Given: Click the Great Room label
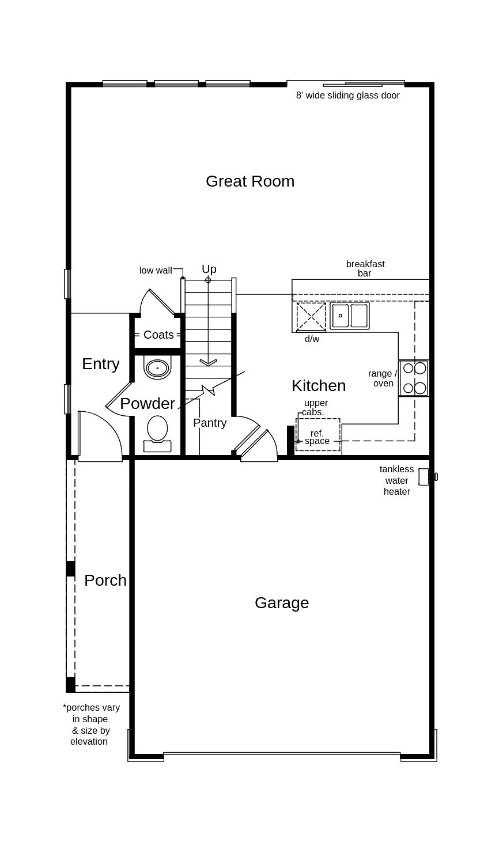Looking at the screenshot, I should tap(250, 181).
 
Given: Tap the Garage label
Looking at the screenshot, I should tap(282, 602).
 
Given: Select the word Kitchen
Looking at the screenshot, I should tap(319, 385).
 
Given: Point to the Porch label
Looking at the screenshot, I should tap(105, 580).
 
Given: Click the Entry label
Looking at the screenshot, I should tap(101, 363).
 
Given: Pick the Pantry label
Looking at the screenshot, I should tap(210, 423).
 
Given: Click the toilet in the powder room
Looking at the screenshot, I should tap(157, 433).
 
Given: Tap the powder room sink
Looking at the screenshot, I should tap(157, 367).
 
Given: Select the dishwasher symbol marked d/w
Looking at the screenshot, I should tap(311, 317).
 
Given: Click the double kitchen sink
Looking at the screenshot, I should tap(350, 316).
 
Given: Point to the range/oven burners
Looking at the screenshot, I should tap(414, 378).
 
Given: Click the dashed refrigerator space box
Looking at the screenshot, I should tap(318, 435).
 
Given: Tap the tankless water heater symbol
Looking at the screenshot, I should tap(426, 477).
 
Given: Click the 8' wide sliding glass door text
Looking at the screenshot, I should tap(347, 96).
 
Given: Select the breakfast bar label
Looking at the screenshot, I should tap(365, 268).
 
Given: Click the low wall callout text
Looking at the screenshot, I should tap(156, 270).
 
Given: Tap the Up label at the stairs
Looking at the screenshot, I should tap(209, 269).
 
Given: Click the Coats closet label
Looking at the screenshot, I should tap(158, 335).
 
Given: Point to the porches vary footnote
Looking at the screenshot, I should tap(90, 725).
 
